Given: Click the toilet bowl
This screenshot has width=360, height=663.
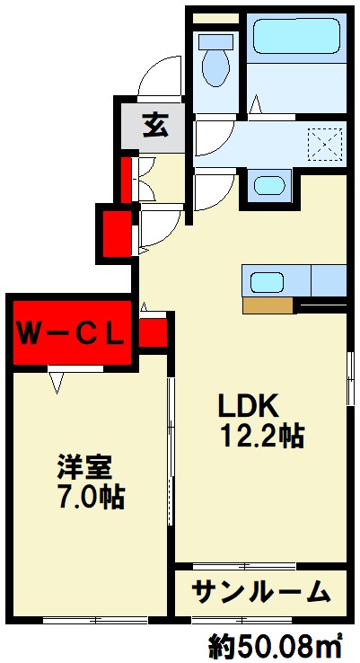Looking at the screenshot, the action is point(216,66).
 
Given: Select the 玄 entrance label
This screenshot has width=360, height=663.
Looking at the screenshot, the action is point(155,125).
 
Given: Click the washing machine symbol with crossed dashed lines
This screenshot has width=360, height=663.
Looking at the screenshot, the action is point(325,145).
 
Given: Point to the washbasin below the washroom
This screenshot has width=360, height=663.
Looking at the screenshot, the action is point(269,185).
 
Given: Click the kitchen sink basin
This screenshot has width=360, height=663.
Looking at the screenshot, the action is point(267,282).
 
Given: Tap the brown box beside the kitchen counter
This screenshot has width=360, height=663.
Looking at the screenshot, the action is point(268,305).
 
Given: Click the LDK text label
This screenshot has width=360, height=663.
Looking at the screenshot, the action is point(248,406).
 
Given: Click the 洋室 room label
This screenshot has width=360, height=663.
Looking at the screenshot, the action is point(85,467).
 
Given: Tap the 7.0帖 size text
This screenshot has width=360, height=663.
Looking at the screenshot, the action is point(92,497).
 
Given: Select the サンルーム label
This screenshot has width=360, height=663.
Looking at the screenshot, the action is point(260,591).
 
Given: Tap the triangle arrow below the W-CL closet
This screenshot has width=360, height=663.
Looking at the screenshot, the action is point(57,383).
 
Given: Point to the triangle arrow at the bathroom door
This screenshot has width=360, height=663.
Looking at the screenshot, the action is point(256,104).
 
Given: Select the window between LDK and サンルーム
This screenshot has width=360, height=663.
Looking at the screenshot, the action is point(244,565).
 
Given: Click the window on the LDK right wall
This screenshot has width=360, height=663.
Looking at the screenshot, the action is point(349,379).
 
